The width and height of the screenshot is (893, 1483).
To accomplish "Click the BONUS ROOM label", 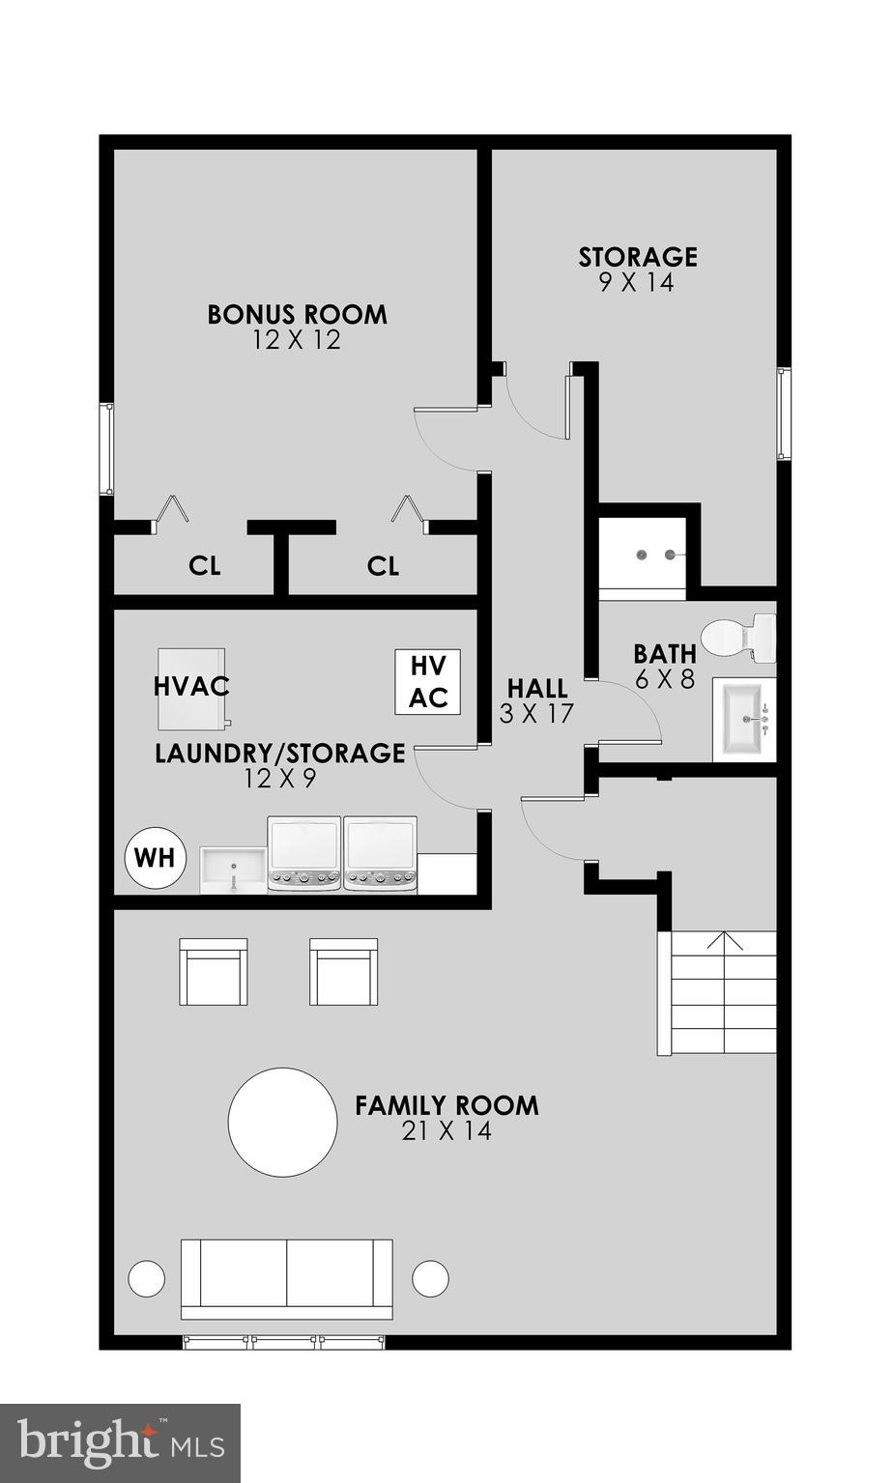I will pyautogui.click(x=297, y=314).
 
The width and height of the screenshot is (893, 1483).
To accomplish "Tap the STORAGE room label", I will pyautogui.click(x=638, y=257).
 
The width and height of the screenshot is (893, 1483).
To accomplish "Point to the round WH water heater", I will pyautogui.click(x=156, y=857).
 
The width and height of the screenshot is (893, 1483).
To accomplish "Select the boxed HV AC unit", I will pyautogui.click(x=427, y=681).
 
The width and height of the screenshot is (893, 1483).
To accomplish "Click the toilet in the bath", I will pyautogui.click(x=739, y=638).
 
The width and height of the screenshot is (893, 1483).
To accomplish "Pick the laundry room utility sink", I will pyautogui.click(x=233, y=870).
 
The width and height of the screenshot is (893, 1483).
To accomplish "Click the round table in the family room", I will pyautogui.click(x=282, y=1122).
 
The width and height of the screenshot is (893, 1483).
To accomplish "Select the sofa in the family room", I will pyautogui.click(x=287, y=1277).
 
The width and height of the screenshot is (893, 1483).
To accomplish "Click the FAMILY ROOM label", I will pyautogui.click(x=446, y=1105).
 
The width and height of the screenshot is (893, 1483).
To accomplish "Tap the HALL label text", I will pyautogui.click(x=537, y=689).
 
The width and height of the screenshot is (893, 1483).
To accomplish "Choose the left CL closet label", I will pyautogui.click(x=205, y=566).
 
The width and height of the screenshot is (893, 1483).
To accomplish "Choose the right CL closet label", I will pyautogui.click(x=383, y=566).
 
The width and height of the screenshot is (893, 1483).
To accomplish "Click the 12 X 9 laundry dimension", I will pyautogui.click(x=279, y=778).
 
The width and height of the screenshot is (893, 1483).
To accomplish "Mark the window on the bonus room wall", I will pyautogui.click(x=109, y=449).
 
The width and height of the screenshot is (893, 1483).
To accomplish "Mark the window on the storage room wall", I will pyautogui.click(x=784, y=413).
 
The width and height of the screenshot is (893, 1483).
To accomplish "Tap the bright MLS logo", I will pyautogui.click(x=120, y=1442).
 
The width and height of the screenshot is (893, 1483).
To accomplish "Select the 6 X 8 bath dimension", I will pyautogui.click(x=665, y=679).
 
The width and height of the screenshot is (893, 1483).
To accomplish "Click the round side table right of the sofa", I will pyautogui.click(x=430, y=1278).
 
